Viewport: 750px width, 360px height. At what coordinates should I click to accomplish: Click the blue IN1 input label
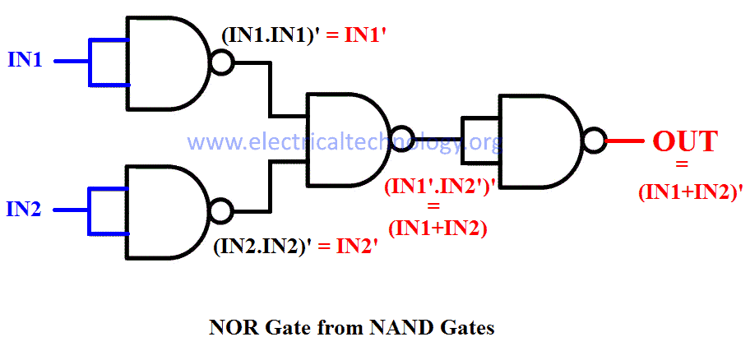tap(25, 61)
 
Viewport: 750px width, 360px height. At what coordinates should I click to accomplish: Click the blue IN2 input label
tap(25, 210)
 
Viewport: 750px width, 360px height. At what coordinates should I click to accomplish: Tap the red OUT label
tap(685, 141)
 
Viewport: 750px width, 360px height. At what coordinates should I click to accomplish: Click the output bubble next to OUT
tap(595, 141)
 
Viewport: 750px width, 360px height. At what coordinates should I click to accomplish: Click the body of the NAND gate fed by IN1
tap(164, 62)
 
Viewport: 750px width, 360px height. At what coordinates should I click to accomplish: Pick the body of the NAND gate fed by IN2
tap(164, 211)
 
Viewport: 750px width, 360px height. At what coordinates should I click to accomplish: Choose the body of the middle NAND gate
tap(345, 138)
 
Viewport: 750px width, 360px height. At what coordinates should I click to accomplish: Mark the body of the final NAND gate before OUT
tap(539, 141)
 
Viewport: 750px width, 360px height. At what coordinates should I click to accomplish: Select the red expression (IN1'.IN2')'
tap(437, 187)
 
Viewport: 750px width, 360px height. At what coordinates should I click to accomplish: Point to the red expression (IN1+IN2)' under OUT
tap(691, 192)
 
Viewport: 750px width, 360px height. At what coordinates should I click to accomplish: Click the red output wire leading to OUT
tap(625, 141)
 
